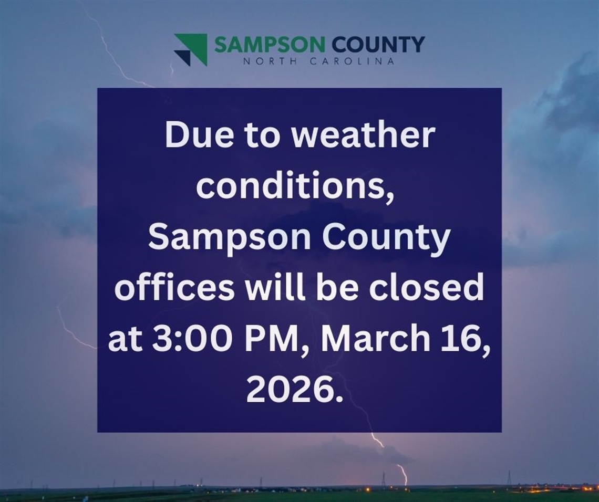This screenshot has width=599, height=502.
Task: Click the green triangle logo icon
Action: tap(190, 49)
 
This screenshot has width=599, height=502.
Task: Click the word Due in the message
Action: tap(190, 136)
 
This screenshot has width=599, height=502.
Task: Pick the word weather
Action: tap(364, 136)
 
